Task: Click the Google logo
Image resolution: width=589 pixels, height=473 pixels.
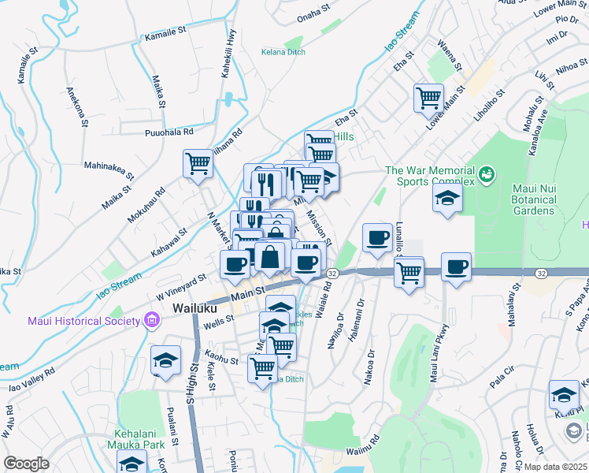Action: (26, 464)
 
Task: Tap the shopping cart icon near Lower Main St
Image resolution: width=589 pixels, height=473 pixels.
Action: (428, 99)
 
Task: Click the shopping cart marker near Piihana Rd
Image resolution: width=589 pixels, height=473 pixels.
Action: (198, 164)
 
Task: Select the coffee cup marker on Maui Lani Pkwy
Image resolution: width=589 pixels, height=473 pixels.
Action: (456, 266)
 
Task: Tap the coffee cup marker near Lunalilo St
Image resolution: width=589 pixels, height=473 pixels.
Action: (377, 237)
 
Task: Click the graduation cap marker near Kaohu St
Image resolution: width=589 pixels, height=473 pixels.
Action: (165, 360)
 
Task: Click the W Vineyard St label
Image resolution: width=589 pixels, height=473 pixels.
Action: (180, 281)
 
